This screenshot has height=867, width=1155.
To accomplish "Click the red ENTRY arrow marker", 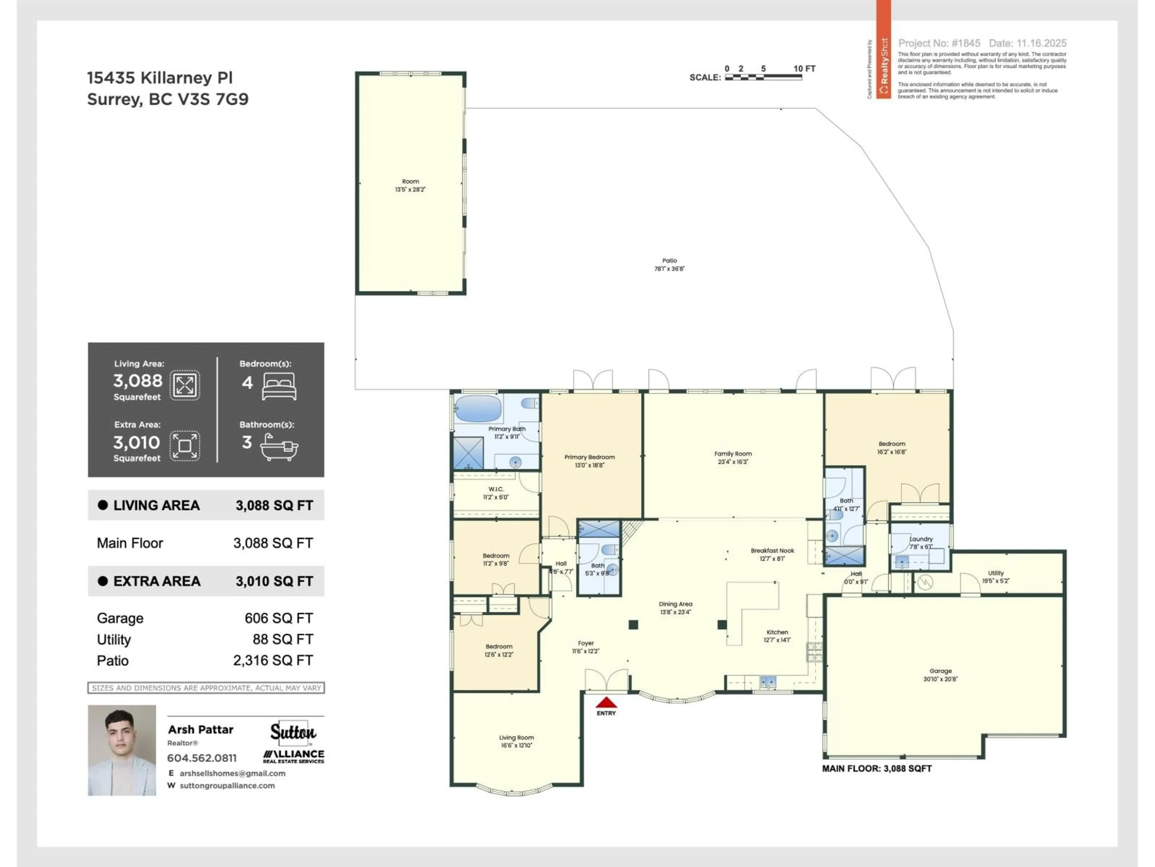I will click(x=606, y=702).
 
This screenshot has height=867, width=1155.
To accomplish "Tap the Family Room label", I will click(x=733, y=454).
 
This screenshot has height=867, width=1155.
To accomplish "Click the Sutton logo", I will click(x=293, y=732).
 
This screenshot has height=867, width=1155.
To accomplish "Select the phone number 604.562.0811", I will click(x=202, y=758).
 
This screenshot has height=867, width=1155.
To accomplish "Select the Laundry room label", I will click(x=921, y=539).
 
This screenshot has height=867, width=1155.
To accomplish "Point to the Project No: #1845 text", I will click(x=939, y=43).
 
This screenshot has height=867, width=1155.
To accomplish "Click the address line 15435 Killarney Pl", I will click(x=160, y=78).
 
